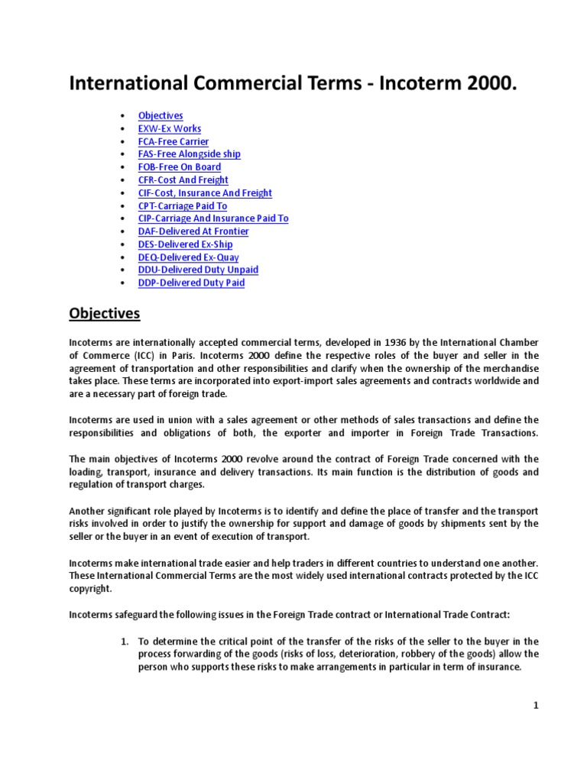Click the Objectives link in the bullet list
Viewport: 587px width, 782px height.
(x=161, y=115)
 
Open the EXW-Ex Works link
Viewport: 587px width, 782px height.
(x=170, y=128)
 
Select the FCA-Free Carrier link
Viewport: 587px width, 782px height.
(x=174, y=141)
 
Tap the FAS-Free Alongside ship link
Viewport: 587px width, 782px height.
(x=189, y=154)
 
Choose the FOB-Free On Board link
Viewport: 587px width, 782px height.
(x=180, y=167)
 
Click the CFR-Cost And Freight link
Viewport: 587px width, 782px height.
(x=183, y=180)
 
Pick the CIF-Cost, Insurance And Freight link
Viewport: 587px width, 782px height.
(x=205, y=193)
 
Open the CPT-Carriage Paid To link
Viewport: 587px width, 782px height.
(x=183, y=206)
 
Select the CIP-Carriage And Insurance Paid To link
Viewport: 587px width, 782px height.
(x=213, y=218)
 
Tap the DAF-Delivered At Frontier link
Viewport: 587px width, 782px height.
(x=193, y=231)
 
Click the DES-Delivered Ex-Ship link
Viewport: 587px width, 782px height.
(x=186, y=244)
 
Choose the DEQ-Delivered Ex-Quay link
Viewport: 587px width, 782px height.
(x=188, y=257)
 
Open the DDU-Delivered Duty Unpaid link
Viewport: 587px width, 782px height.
(x=198, y=270)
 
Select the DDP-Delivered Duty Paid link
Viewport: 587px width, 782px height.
(x=192, y=283)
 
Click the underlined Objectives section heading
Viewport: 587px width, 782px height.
(x=105, y=313)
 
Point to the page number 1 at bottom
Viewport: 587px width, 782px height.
(x=537, y=706)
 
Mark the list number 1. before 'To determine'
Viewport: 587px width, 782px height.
(x=125, y=641)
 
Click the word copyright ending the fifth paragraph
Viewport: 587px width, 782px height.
(x=91, y=590)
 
